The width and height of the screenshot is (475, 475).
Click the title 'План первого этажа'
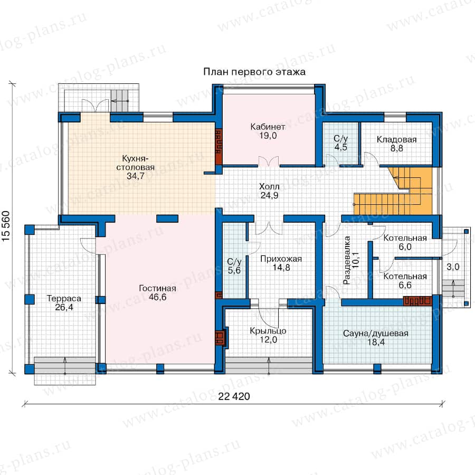(254, 72)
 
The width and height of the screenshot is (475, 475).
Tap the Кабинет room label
(268, 127)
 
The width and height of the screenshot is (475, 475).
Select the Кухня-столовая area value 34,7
(136, 176)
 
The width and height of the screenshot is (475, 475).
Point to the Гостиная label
(157, 288)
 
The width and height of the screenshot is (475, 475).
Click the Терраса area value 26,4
(64, 307)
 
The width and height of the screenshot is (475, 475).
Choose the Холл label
(269, 186)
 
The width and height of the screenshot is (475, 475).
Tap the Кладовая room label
(396, 139)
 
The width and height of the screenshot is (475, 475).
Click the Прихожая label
(281, 259)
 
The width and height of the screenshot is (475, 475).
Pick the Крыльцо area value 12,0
(269, 339)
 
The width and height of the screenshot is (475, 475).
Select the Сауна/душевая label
(376, 333)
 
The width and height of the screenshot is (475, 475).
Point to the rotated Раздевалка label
(347, 260)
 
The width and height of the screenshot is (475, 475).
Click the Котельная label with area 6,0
(405, 238)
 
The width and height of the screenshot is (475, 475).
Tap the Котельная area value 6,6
(405, 285)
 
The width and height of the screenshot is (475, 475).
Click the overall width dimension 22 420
(234, 396)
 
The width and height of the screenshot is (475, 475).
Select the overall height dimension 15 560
(6, 226)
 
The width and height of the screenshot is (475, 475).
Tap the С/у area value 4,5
(341, 147)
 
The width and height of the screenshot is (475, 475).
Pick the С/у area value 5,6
(234, 270)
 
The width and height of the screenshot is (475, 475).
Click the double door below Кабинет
(269, 162)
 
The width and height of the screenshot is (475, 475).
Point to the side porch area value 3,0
(453, 267)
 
